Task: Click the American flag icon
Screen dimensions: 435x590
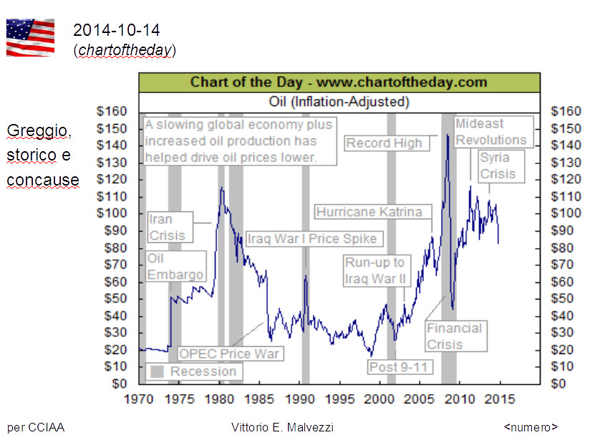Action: [30, 37]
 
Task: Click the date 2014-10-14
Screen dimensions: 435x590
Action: [116, 30]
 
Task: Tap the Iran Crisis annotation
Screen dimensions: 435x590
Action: [166, 226]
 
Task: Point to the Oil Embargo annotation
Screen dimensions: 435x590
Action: [175, 266]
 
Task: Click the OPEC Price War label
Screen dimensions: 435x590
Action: [228, 353]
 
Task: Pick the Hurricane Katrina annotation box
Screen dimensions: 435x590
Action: [374, 212]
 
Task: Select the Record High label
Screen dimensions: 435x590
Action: [385, 143]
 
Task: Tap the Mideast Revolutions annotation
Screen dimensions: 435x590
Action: [491, 132]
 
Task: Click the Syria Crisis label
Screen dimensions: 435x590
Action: [498, 166]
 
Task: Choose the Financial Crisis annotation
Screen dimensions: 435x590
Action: [454, 337]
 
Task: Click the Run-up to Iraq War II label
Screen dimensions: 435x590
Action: [374, 271]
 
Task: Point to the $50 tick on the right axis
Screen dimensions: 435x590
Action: [562, 299]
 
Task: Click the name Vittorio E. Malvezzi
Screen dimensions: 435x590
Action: [282, 427]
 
